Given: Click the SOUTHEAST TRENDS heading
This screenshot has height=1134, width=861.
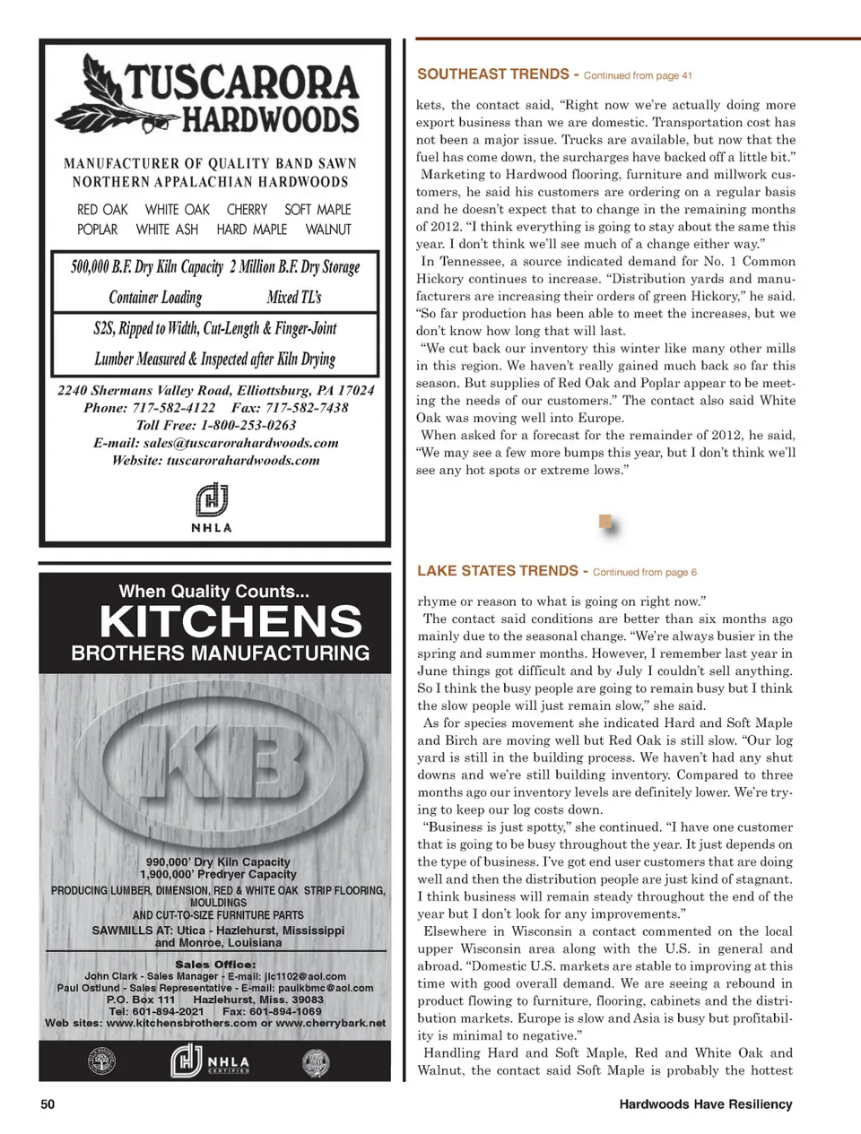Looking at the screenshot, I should tap(493, 74).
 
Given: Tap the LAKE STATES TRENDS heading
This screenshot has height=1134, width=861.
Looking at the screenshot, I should tap(498, 571).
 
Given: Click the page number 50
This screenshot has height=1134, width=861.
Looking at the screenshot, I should tap(48, 1104).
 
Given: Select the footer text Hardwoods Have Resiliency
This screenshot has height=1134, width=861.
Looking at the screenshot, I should tap(705, 1104).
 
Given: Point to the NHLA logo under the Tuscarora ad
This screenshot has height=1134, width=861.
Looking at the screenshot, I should tap(212, 506).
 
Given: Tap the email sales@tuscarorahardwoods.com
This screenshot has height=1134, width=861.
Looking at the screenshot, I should tap(240, 443).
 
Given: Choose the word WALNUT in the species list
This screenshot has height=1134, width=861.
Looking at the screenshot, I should tap(328, 229).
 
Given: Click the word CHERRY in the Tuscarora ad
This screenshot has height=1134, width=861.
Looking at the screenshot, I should tap(247, 210).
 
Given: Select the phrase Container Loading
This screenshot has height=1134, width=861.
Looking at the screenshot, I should tap(155, 298).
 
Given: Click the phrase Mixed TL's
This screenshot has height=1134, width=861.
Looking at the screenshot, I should tap(294, 298).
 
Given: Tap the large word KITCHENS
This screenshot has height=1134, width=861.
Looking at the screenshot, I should tap(230, 621).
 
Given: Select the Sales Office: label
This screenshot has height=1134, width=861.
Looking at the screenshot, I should tap(215, 965).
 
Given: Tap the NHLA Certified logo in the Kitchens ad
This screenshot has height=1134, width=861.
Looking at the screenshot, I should tap(211, 1062).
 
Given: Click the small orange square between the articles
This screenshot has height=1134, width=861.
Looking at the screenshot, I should tap(605, 521).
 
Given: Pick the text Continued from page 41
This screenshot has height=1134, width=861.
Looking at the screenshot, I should tap(638, 76).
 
